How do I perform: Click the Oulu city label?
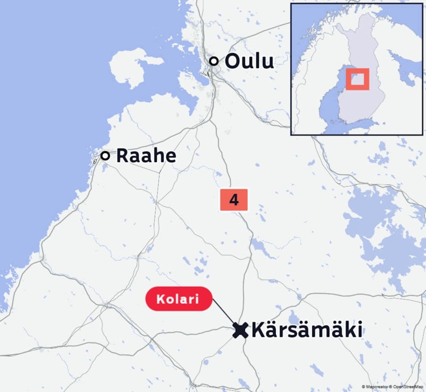pos(249,61)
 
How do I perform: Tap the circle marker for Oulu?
pos(214,61)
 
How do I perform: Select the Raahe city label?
pos(146,156)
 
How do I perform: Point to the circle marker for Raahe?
pos(105,156)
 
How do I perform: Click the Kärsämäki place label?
pos(306,330)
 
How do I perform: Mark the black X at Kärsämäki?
pos(241,330)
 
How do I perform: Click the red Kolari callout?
pos(178,300)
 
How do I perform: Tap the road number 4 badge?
pos(234,200)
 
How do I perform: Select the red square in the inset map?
pos(357,79)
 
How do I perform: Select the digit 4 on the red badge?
pos(234,200)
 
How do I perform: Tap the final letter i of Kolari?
pos(197,300)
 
